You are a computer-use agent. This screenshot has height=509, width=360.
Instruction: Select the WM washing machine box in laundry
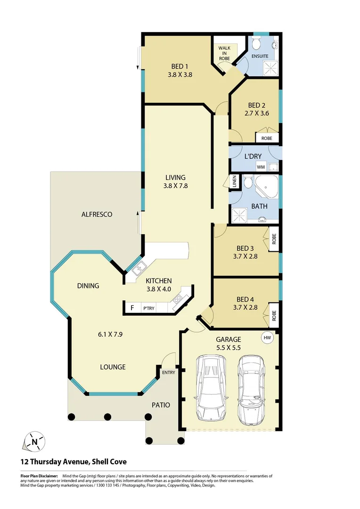(x=261, y=167)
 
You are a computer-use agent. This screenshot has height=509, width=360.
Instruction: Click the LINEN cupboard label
(x=233, y=181)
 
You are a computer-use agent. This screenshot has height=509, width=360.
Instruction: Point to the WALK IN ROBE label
(x=224, y=53)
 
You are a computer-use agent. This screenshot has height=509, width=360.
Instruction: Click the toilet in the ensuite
(x=256, y=44)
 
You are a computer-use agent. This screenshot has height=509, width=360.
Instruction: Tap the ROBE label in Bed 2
(x=267, y=139)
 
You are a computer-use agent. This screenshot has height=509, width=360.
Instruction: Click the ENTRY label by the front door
(x=168, y=372)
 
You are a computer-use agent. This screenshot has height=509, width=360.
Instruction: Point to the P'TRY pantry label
(x=149, y=309)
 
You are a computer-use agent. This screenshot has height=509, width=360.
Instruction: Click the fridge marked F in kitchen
(x=132, y=308)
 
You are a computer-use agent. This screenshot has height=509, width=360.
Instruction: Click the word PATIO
(x=160, y=405)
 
